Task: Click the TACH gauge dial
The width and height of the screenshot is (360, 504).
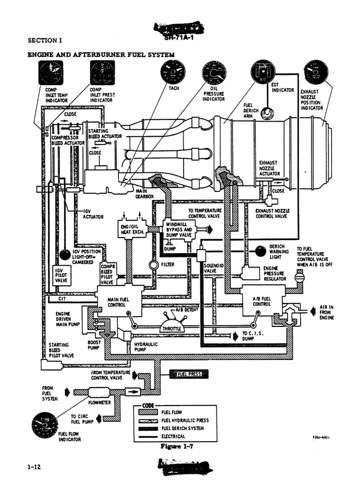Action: pos(173,75)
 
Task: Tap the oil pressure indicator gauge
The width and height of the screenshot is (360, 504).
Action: pos(213,74)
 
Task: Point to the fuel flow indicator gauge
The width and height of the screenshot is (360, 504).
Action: pos(44,425)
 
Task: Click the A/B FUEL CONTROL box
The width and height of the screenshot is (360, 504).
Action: pos(262,299)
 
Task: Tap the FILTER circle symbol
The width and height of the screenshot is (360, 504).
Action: pos(153,265)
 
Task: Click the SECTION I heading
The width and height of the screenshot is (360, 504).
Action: pos(46,41)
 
